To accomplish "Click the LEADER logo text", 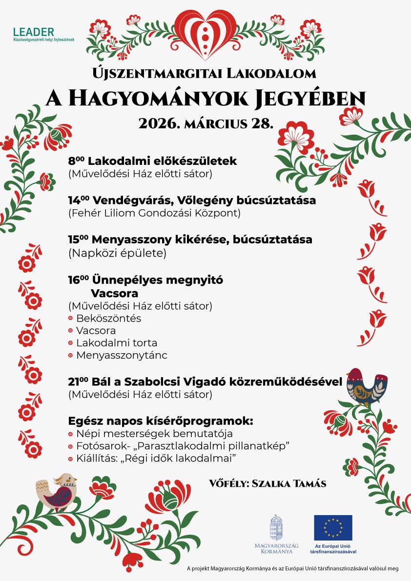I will pyautogui.click(x=34, y=32).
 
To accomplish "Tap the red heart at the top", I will pyautogui.click(x=205, y=32).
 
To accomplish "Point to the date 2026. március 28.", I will pyautogui.click(x=205, y=122).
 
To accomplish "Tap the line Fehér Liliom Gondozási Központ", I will pyautogui.click(x=155, y=213).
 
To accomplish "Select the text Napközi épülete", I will pyautogui.click(x=118, y=253).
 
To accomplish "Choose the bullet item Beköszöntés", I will pyautogui.click(x=108, y=319).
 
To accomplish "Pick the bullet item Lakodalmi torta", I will pyautogui.click(x=117, y=343).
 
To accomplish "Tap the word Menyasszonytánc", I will pyautogui.click(x=122, y=355).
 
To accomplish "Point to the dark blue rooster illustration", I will pyautogui.click(x=366, y=385).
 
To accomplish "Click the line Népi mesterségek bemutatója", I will pyautogui.click(x=154, y=434).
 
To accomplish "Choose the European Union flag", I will pyautogui.click(x=333, y=527).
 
